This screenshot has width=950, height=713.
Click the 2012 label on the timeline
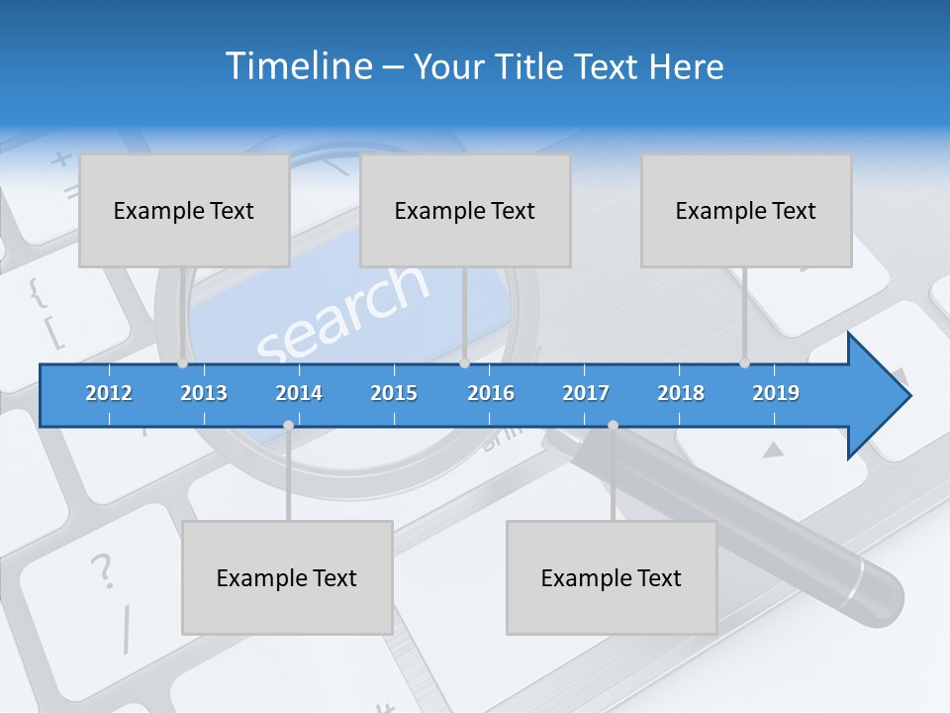109,393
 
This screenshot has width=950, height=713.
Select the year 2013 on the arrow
204,393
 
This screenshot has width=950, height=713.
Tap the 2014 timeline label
299,393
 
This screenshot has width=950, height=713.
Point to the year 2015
394,393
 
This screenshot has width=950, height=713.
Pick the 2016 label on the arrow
491,393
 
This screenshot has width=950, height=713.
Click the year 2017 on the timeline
586,393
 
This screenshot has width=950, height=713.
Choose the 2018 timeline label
681,393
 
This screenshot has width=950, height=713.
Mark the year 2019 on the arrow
776,393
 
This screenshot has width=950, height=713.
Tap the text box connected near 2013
184,210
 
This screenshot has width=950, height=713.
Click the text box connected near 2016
465,210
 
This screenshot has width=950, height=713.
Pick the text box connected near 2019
746,210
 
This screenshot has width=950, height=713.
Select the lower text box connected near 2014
287,577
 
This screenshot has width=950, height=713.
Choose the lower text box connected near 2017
612,577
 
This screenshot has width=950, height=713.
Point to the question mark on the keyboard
101,571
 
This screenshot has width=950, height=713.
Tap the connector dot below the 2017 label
613,425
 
